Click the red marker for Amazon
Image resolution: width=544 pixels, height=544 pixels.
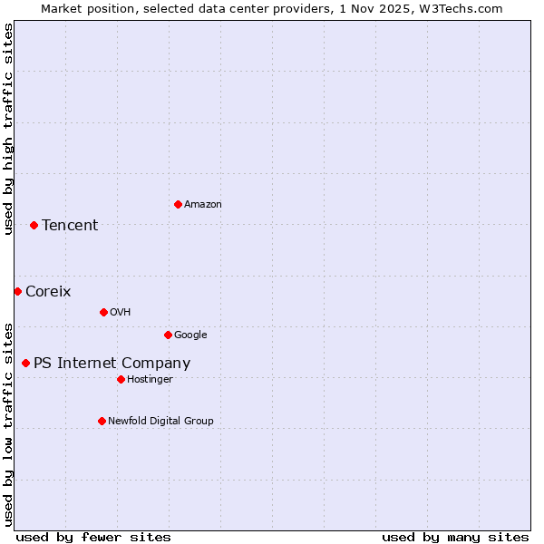click(x=178, y=204)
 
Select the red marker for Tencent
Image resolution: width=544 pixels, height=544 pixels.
click(x=34, y=225)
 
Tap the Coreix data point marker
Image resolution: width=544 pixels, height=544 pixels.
click(x=17, y=291)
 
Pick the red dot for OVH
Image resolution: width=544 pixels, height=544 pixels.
click(x=103, y=312)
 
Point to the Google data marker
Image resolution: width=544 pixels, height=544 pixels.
click(x=168, y=335)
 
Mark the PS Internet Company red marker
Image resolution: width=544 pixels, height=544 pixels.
click(x=25, y=363)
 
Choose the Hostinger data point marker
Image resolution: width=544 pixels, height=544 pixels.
click(x=121, y=379)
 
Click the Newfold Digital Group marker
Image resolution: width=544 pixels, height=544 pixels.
click(x=102, y=421)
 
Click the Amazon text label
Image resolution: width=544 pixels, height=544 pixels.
click(x=203, y=204)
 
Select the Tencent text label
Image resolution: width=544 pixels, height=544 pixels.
click(x=70, y=225)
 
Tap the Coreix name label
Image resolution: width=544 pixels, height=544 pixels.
click(x=48, y=291)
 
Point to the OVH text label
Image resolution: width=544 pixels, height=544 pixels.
click(x=121, y=312)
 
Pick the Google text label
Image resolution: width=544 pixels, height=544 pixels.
click(x=190, y=335)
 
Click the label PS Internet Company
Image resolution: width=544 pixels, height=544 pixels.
click(x=112, y=363)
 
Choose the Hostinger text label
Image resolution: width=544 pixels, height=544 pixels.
click(x=150, y=379)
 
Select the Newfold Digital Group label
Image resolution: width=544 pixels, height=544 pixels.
click(x=160, y=421)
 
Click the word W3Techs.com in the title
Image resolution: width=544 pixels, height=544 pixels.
click(x=466, y=8)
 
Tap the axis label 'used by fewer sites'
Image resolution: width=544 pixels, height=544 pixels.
click(x=93, y=537)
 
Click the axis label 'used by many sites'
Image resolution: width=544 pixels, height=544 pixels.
click(x=455, y=537)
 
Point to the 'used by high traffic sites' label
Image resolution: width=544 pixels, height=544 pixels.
click(x=8, y=129)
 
